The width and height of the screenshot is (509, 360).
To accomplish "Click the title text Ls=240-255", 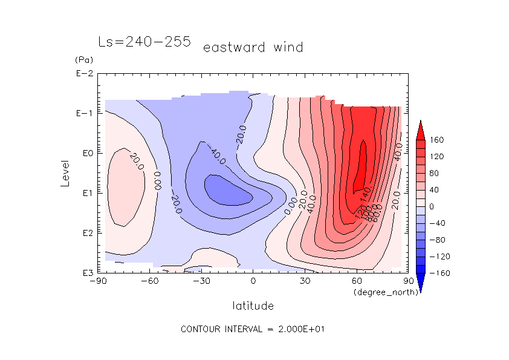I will [144, 42].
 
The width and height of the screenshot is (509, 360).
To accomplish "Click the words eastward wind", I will [253, 47].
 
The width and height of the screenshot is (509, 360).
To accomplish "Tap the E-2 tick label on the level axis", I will [84, 74].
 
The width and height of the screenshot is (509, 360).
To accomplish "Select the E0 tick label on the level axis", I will [86, 154].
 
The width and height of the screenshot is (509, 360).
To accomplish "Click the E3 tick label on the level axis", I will [86, 273].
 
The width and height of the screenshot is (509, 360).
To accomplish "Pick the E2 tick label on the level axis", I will [86, 233].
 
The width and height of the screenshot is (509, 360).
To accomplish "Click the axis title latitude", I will [253, 306].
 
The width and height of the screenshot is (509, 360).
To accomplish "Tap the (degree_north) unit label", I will [378, 292].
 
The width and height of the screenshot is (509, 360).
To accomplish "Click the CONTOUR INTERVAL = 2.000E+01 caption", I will [254, 329].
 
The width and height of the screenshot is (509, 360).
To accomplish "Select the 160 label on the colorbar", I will [436, 140].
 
